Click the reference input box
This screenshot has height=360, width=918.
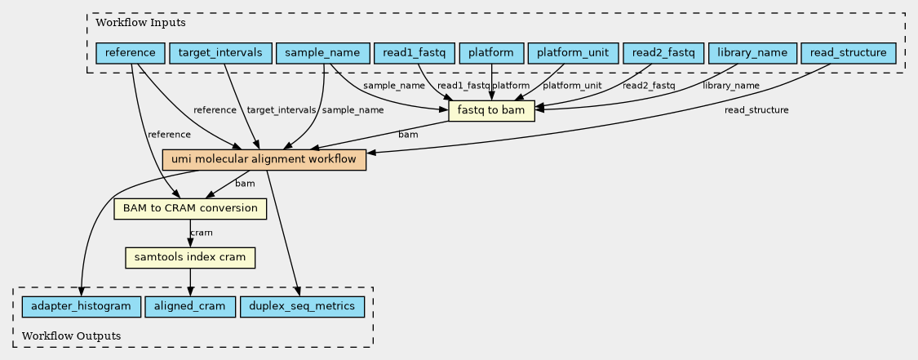click(x=130, y=53)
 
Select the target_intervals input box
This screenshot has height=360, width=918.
click(x=220, y=53)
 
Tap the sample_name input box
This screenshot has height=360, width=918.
click(x=322, y=53)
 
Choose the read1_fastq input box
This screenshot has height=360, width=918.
click(x=415, y=53)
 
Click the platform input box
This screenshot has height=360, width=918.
click(x=492, y=53)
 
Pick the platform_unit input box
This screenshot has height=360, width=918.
click(x=573, y=53)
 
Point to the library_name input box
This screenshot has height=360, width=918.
click(x=752, y=53)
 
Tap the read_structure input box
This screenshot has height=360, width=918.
click(x=849, y=53)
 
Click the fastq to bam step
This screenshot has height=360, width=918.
click(x=492, y=111)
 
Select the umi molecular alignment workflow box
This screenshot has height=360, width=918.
click(x=264, y=160)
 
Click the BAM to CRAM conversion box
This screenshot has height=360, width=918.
click(x=190, y=208)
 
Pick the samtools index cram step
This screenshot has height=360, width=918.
click(x=190, y=258)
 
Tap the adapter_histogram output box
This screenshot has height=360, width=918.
click(x=82, y=306)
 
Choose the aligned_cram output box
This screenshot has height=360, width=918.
click(x=190, y=306)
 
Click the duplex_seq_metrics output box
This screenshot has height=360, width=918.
click(x=302, y=306)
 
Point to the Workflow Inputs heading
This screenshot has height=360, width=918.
click(x=140, y=24)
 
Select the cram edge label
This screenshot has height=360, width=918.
click(x=202, y=233)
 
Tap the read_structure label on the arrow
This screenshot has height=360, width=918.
click(x=756, y=110)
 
